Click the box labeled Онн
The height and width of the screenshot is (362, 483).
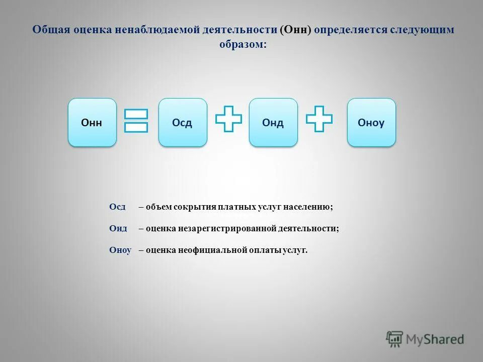92,122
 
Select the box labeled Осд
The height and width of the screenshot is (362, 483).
183,122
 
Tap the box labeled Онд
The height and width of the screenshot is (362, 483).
273,122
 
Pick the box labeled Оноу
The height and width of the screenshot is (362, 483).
371,122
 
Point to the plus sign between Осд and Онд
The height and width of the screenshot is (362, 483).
228,119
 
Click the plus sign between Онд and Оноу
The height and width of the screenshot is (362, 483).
319,119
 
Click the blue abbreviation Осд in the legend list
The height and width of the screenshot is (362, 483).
117,207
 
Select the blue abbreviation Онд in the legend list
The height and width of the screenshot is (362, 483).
118,228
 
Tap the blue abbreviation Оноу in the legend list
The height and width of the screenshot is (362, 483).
120,250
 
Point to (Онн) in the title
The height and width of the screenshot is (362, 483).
296,30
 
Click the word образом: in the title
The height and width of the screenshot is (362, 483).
243,44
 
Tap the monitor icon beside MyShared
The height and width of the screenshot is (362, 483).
394,338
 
